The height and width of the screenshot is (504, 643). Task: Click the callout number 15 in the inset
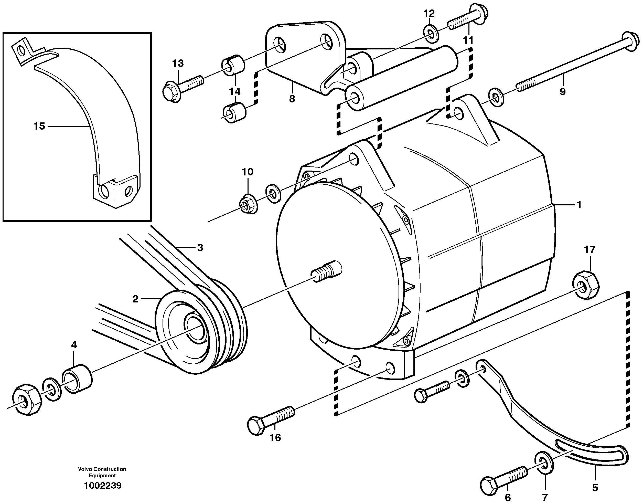39,126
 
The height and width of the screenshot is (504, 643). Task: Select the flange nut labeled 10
248,204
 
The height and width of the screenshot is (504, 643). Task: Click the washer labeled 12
431,34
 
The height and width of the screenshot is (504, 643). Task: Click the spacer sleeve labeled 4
77,379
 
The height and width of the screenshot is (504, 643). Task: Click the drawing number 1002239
102,485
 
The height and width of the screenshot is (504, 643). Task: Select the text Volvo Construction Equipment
102,472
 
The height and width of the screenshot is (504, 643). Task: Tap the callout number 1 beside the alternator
579,204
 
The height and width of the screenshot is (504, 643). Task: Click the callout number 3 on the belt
200,248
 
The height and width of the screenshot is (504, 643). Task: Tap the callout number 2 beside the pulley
135,299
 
